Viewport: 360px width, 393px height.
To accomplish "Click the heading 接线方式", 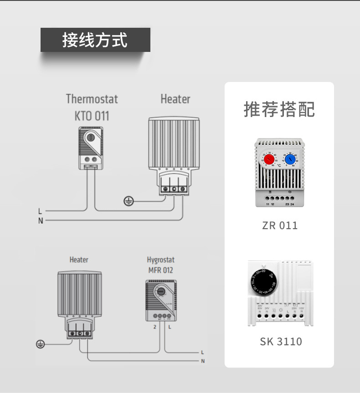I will pos(95,40).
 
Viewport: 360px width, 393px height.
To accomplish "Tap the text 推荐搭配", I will pos(279,109).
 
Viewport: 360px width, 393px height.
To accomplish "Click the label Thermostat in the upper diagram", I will pos(92,99).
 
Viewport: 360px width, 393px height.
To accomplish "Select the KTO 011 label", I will pos(92,116).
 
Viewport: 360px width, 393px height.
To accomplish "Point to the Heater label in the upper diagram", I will pos(175,99).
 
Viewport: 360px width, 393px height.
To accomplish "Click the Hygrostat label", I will pos(160,260).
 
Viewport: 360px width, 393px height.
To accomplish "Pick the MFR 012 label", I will pos(160,270).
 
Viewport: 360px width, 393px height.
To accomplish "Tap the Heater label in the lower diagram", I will pos(79,260).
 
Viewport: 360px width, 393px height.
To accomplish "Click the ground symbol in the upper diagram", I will pos(129,200).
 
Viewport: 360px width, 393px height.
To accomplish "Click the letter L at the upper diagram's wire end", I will pos(40,211).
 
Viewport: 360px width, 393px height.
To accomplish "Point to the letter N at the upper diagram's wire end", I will pos(40,221).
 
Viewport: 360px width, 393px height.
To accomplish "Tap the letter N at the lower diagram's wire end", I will pos(203,362).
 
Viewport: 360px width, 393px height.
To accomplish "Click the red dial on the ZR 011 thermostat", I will pos(269,159).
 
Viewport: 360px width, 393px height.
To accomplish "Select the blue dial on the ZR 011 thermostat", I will pos(290,159).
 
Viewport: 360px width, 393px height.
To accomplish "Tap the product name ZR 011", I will pos(280,225).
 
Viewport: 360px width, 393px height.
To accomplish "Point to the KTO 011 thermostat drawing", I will pos(92,148).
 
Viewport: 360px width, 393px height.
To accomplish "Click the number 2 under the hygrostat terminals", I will pos(154,327).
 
